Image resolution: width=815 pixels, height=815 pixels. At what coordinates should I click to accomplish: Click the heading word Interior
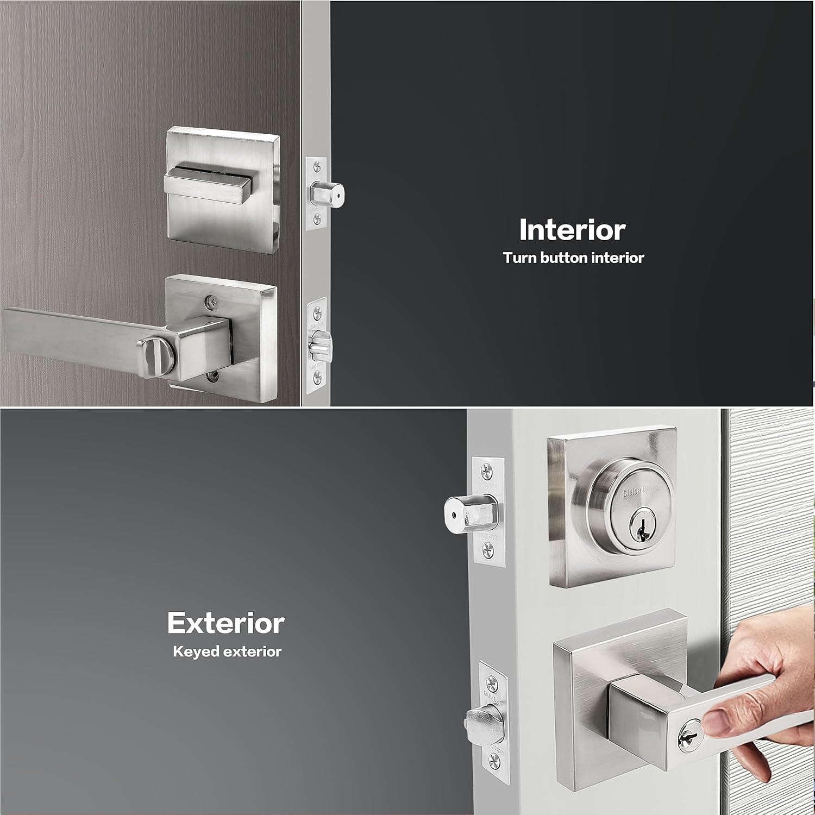tap(572, 230)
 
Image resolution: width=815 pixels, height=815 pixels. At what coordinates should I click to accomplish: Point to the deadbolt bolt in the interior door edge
tap(328, 193)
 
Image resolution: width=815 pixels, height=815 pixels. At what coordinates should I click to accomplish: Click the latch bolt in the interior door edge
tap(321, 344)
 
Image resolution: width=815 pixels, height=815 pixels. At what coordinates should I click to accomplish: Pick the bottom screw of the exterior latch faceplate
tap(494, 760)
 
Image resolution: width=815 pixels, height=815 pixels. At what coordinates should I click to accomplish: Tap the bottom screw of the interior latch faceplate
tap(317, 374)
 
